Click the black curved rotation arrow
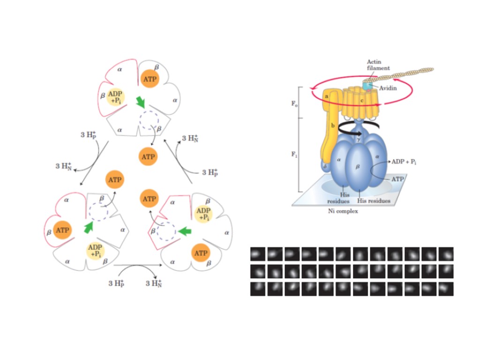(356, 127)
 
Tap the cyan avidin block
(367, 86)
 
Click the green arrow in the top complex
(140, 102)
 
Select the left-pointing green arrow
(186, 231)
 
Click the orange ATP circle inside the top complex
(149, 79)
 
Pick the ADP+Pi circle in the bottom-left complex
(95, 251)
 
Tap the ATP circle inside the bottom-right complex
(200, 253)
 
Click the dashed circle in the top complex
(149, 120)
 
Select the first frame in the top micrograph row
(258, 254)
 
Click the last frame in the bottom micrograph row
(446, 288)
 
